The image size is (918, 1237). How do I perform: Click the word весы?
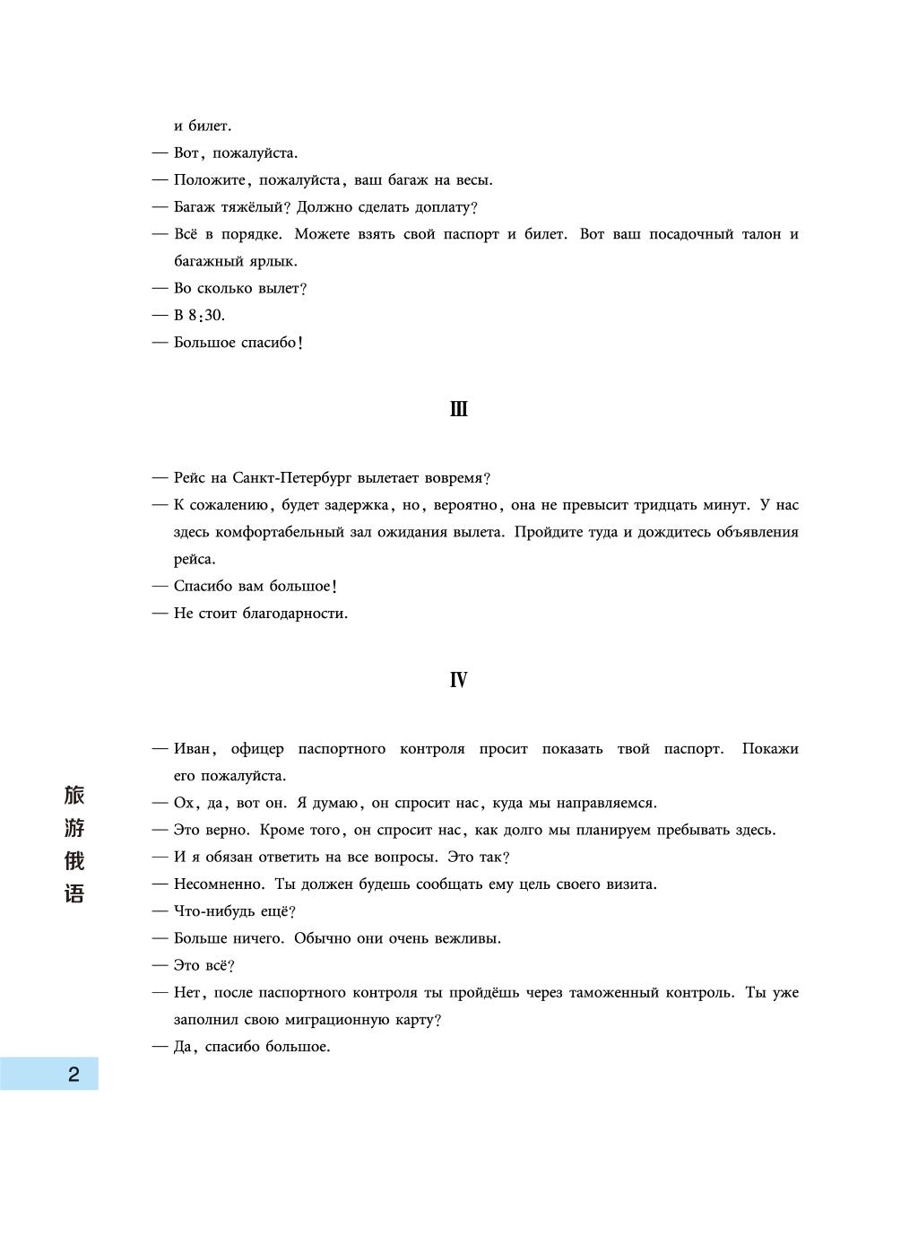[473, 180]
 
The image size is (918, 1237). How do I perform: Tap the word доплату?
[444, 207]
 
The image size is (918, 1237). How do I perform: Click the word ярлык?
[273, 262]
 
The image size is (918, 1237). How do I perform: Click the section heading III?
[458, 410]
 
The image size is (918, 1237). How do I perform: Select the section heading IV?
[458, 681]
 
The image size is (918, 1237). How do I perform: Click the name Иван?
[194, 749]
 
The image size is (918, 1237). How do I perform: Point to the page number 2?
[74, 1074]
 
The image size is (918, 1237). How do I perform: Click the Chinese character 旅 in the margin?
[74, 795]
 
